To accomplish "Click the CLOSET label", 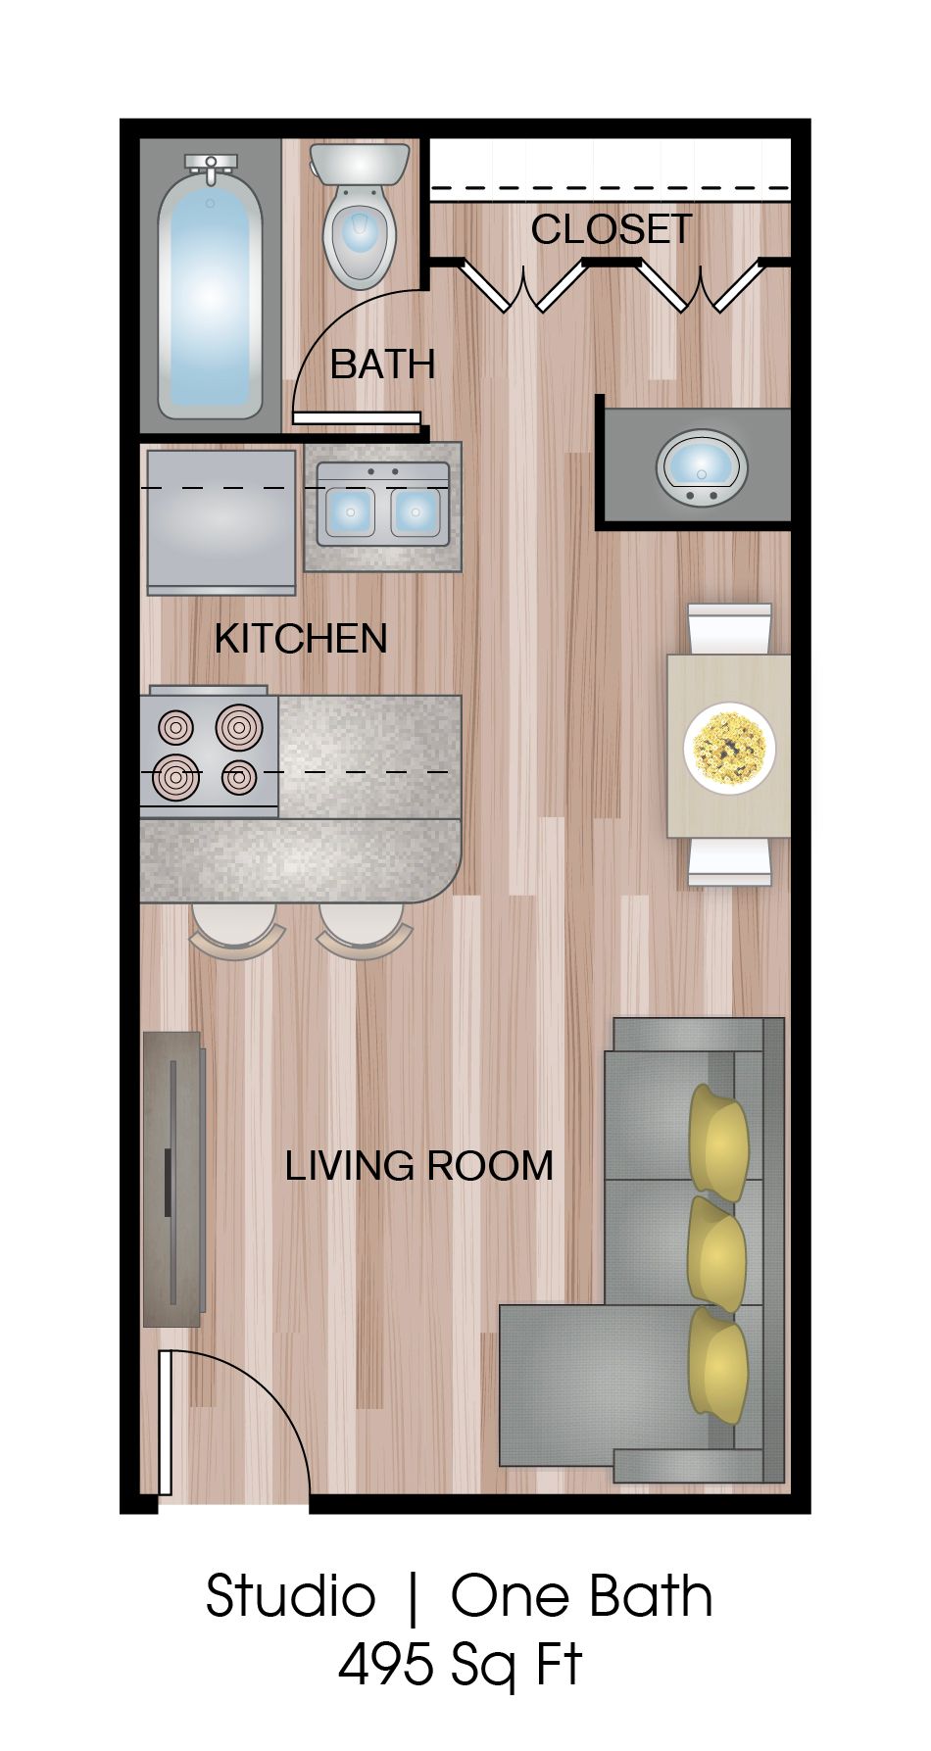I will [612, 229].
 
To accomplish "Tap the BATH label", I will [382, 365].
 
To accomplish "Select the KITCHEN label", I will [301, 639].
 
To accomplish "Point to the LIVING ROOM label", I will [419, 1166].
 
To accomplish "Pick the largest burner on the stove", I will [239, 727].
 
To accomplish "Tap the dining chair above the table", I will [729, 627].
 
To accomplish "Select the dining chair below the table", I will [729, 862].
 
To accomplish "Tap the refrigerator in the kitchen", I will [220, 521].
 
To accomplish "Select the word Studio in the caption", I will [290, 1596].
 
